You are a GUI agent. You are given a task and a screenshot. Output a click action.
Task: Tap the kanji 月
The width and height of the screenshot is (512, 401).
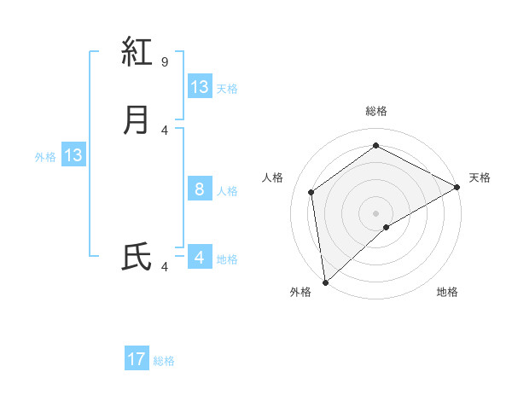click(x=137, y=119)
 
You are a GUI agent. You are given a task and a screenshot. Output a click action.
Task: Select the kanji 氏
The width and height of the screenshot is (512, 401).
click(x=137, y=257)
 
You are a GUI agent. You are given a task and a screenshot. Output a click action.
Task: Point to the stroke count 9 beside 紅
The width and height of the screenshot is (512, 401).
click(x=165, y=61)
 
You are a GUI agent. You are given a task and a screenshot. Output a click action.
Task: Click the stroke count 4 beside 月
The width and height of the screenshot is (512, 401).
click(x=165, y=130)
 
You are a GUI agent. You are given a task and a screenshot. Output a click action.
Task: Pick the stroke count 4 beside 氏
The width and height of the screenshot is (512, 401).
click(x=165, y=267)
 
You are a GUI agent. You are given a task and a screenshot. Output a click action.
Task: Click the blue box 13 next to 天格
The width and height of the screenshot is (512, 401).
click(x=200, y=87)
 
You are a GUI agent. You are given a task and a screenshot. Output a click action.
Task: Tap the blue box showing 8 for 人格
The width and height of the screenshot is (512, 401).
click(x=200, y=189)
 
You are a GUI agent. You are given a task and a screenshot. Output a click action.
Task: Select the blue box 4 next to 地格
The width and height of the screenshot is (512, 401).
click(x=200, y=258)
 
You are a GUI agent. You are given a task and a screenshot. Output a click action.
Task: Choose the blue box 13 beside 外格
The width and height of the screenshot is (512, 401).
click(x=73, y=156)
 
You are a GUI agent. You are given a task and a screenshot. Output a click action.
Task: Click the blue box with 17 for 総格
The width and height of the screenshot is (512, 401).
click(x=137, y=359)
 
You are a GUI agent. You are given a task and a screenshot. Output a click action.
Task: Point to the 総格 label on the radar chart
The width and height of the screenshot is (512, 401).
click(x=376, y=111)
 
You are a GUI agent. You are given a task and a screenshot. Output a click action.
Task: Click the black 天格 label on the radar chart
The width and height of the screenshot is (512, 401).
click(x=480, y=177)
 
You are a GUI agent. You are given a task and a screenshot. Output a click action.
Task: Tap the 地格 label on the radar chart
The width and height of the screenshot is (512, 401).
click(x=447, y=293)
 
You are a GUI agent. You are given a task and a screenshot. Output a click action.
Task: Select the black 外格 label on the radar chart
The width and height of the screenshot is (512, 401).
click(x=300, y=293)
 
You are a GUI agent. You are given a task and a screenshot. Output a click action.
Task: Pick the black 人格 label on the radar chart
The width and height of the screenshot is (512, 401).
click(x=273, y=177)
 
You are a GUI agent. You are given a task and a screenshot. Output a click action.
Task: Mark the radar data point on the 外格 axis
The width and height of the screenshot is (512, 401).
click(x=325, y=282)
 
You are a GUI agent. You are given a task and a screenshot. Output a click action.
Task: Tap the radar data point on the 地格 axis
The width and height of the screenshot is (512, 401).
click(x=387, y=227)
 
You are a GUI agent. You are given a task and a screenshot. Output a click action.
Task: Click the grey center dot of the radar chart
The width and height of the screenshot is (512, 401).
click(x=376, y=212)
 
